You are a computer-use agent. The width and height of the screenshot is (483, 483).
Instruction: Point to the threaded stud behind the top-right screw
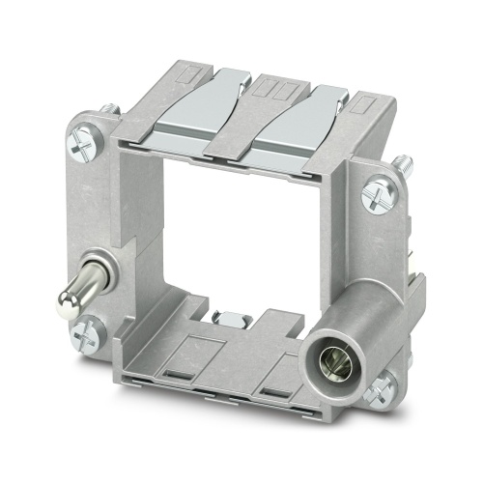click(404, 165)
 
